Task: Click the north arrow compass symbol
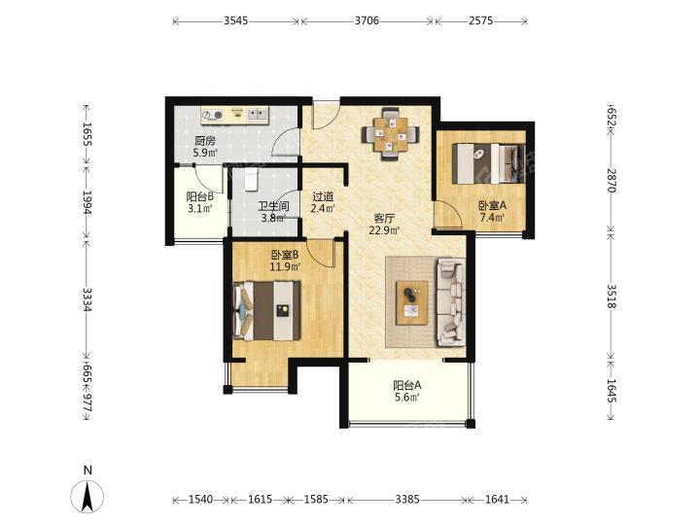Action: pyautogui.click(x=87, y=496)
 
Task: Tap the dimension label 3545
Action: pyautogui.click(x=235, y=20)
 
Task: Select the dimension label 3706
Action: pyautogui.click(x=367, y=20)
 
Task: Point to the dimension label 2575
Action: pyautogui.click(x=481, y=20)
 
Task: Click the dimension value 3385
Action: pyautogui.click(x=407, y=499)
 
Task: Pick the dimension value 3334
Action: pyautogui.click(x=87, y=299)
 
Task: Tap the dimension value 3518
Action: pyautogui.click(x=612, y=297)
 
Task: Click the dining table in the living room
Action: pyautogui.click(x=391, y=133)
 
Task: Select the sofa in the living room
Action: pyautogui.click(x=451, y=302)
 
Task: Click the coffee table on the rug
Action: pyautogui.click(x=411, y=302)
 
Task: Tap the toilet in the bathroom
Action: pyautogui.click(x=252, y=180)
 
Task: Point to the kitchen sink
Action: pyautogui.click(x=257, y=115)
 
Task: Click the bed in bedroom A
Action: pyautogui.click(x=489, y=163)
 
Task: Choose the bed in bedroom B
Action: pyautogui.click(x=266, y=310)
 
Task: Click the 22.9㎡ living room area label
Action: pyautogui.click(x=384, y=230)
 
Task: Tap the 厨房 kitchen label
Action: pyautogui.click(x=205, y=141)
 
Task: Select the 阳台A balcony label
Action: pyautogui.click(x=406, y=385)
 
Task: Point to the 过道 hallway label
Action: pyautogui.click(x=323, y=196)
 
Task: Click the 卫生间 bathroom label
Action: pyautogui.click(x=273, y=206)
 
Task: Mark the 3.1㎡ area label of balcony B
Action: pyautogui.click(x=199, y=208)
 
